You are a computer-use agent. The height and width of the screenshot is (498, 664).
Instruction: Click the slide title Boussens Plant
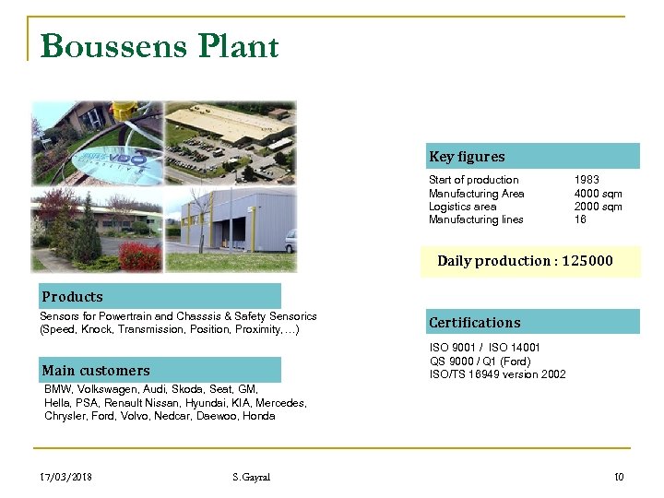[160, 46]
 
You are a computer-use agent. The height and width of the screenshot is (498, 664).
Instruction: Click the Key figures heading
[467, 157]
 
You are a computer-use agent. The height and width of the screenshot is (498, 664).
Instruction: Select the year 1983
[587, 180]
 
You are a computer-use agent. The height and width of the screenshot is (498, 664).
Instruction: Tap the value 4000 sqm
[599, 194]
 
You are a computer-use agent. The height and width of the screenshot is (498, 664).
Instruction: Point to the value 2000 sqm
[599, 207]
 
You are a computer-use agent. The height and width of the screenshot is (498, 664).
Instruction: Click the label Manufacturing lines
[476, 219]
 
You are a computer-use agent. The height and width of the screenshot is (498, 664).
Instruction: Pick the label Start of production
[474, 180]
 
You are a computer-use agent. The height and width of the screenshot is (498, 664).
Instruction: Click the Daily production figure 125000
[589, 261]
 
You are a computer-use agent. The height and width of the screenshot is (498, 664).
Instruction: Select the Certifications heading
[475, 323]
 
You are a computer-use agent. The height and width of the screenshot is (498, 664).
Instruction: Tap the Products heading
[72, 297]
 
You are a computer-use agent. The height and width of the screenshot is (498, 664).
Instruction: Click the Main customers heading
[95, 371]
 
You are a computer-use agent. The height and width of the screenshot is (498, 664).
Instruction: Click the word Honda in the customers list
[259, 416]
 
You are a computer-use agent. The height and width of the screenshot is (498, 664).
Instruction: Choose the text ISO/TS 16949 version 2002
[498, 374]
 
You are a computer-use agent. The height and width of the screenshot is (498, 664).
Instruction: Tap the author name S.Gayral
[252, 477]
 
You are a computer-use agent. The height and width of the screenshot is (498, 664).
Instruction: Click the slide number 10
[619, 477]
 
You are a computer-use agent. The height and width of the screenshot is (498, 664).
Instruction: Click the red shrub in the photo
[140, 255]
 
